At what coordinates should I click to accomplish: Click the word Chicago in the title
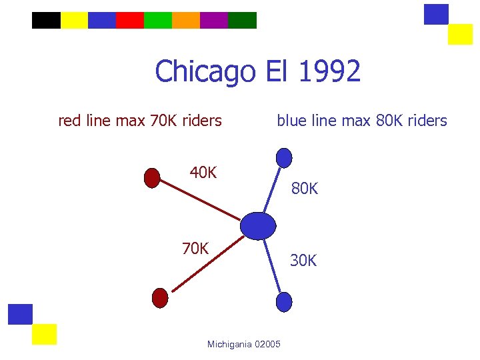[205, 71]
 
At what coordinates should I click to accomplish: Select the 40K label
[203, 173]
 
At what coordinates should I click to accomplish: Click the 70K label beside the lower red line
[195, 249]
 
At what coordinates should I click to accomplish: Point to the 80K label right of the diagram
[304, 189]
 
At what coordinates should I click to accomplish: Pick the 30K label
[303, 261]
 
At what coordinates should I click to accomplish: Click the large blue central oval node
[258, 225]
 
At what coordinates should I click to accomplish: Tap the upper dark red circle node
[152, 178]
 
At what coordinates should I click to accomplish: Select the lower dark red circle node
[160, 297]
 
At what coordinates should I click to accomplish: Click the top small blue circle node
[284, 158]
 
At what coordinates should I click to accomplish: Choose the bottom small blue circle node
[284, 302]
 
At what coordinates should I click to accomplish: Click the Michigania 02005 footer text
[244, 344]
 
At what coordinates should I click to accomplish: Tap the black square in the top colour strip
[46, 20]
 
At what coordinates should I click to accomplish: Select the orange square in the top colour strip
[186, 20]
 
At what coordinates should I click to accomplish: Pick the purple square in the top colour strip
[214, 20]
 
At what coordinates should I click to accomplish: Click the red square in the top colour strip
[130, 20]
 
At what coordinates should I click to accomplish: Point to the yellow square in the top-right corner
[460, 34]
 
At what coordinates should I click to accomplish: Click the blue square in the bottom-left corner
[21, 314]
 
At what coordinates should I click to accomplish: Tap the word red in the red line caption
[69, 121]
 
